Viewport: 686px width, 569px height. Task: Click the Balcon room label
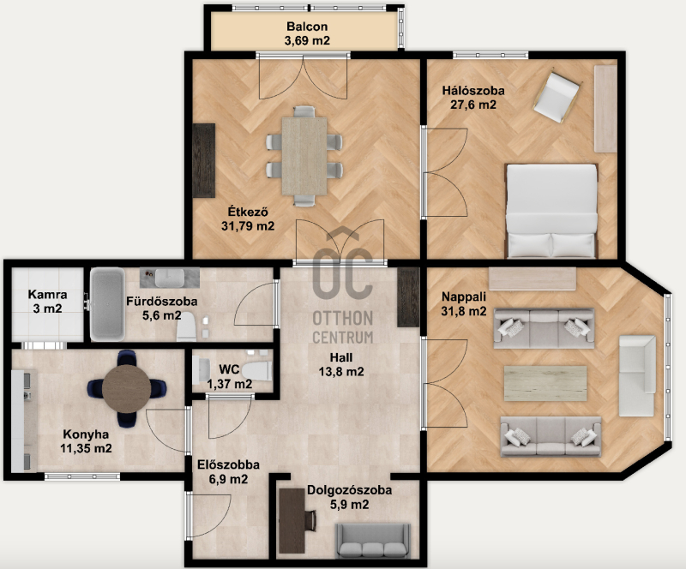coord(307,27)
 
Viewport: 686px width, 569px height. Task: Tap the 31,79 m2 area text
coord(248,226)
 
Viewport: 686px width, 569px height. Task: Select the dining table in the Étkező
coord(304,156)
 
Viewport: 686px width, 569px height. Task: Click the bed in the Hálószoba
coord(551,211)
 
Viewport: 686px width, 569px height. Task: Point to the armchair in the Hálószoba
coord(556,97)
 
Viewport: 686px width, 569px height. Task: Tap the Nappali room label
coord(464,296)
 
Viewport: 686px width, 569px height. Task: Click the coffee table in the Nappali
coord(545,384)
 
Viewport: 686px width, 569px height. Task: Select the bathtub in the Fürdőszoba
coord(107,304)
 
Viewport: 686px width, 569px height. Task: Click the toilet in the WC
coord(257,371)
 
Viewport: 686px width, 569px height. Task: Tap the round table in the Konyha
coord(127,389)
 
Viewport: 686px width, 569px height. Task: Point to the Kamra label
coord(48,294)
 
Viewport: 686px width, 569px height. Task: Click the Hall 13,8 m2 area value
coord(341,372)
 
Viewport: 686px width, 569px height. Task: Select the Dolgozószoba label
coord(349,490)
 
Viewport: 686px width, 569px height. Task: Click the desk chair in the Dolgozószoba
coord(310,521)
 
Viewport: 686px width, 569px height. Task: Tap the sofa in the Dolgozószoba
coord(373,542)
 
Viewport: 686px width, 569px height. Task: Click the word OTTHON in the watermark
coord(342,319)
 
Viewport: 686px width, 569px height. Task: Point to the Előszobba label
coord(228,464)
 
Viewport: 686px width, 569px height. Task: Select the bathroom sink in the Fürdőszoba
coord(170,278)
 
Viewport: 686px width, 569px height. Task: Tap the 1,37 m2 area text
coord(229,385)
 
